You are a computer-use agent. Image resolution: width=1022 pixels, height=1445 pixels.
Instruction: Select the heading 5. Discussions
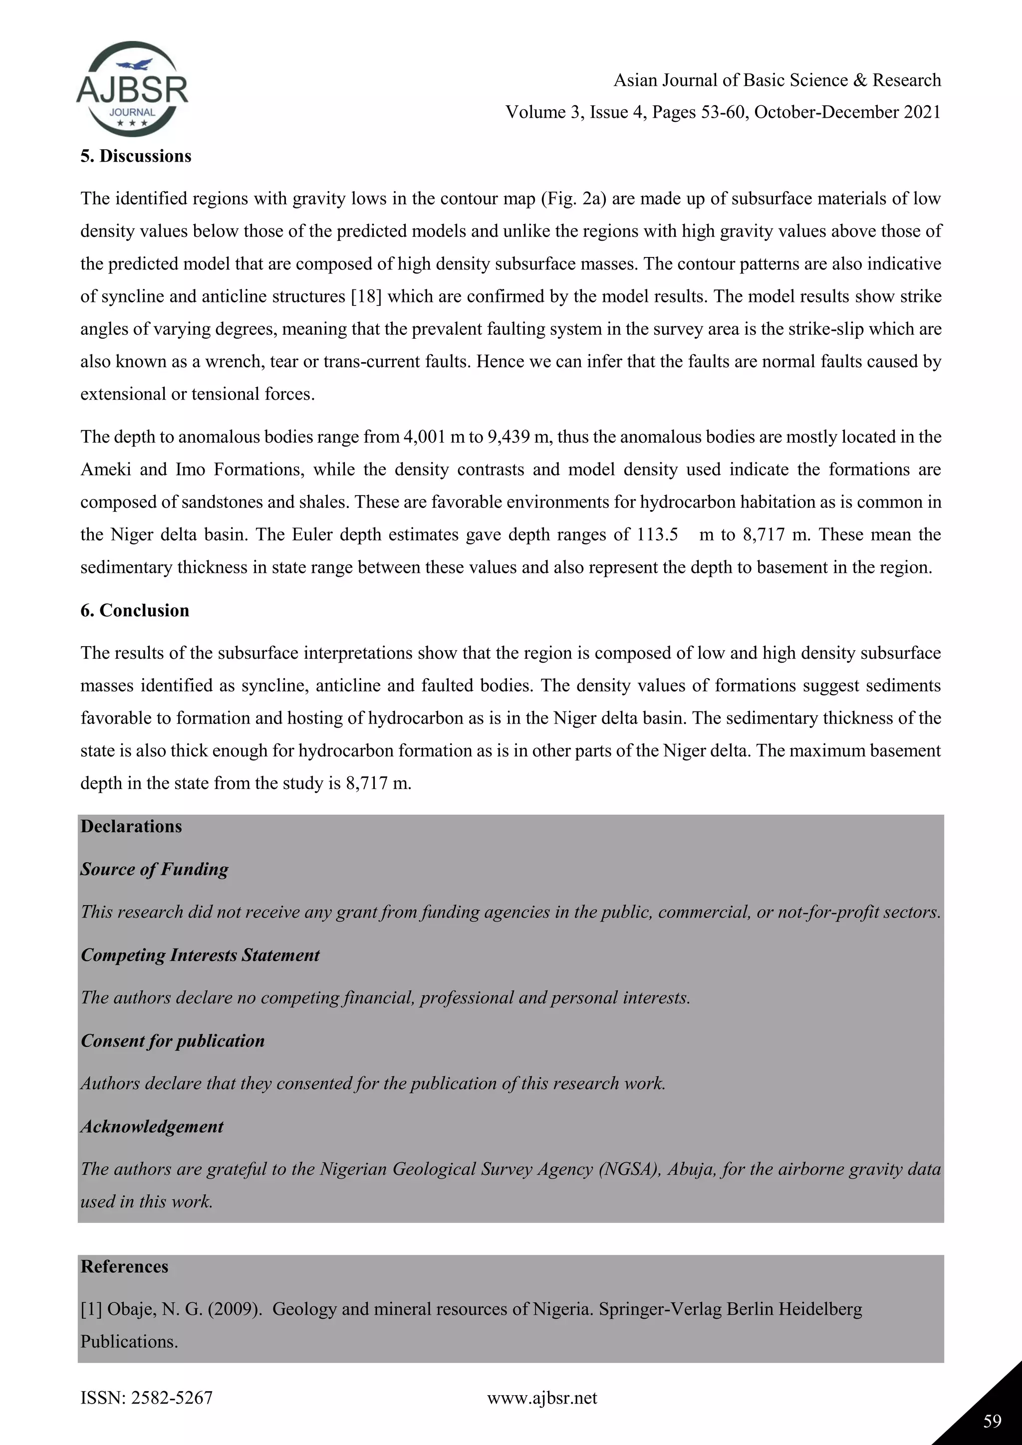pos(135,156)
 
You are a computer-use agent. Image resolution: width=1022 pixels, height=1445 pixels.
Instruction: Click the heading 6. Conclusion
pos(135,610)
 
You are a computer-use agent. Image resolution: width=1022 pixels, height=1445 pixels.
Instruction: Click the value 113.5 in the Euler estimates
pos(657,534)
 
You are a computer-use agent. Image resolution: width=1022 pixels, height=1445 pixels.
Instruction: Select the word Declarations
pos(131,826)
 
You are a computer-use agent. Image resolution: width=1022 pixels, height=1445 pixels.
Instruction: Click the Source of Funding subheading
pos(154,869)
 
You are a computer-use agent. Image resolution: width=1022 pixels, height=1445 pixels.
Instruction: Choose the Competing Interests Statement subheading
pos(200,955)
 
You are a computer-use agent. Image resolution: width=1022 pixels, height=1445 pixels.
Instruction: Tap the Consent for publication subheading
pos(173,1040)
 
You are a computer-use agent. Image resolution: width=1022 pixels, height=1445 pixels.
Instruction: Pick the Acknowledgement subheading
pos(152,1126)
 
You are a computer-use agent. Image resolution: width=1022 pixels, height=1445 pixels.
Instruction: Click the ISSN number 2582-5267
pos(171,1398)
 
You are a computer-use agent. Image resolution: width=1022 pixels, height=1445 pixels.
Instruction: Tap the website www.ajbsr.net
pos(542,1398)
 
